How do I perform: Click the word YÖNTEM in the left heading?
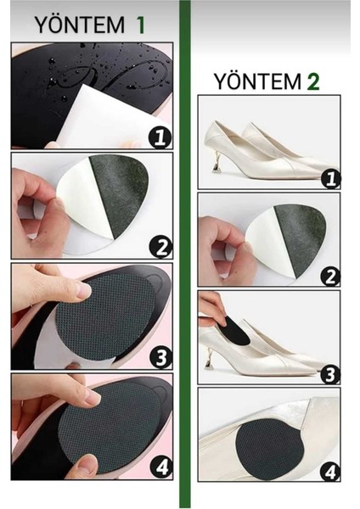(80, 25)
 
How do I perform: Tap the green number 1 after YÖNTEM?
(140, 25)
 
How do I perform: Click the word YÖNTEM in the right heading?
(257, 81)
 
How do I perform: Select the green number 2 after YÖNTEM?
(313, 81)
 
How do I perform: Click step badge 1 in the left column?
(160, 137)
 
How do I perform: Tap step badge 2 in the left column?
(160, 248)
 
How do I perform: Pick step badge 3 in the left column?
(160, 358)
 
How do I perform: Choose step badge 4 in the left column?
(161, 467)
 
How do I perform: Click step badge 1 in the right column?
(330, 179)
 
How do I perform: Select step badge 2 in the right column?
(330, 277)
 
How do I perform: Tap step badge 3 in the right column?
(330, 374)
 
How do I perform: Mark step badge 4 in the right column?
(330, 472)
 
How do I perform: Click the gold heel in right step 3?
(209, 358)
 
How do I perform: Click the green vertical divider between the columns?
(185, 255)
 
